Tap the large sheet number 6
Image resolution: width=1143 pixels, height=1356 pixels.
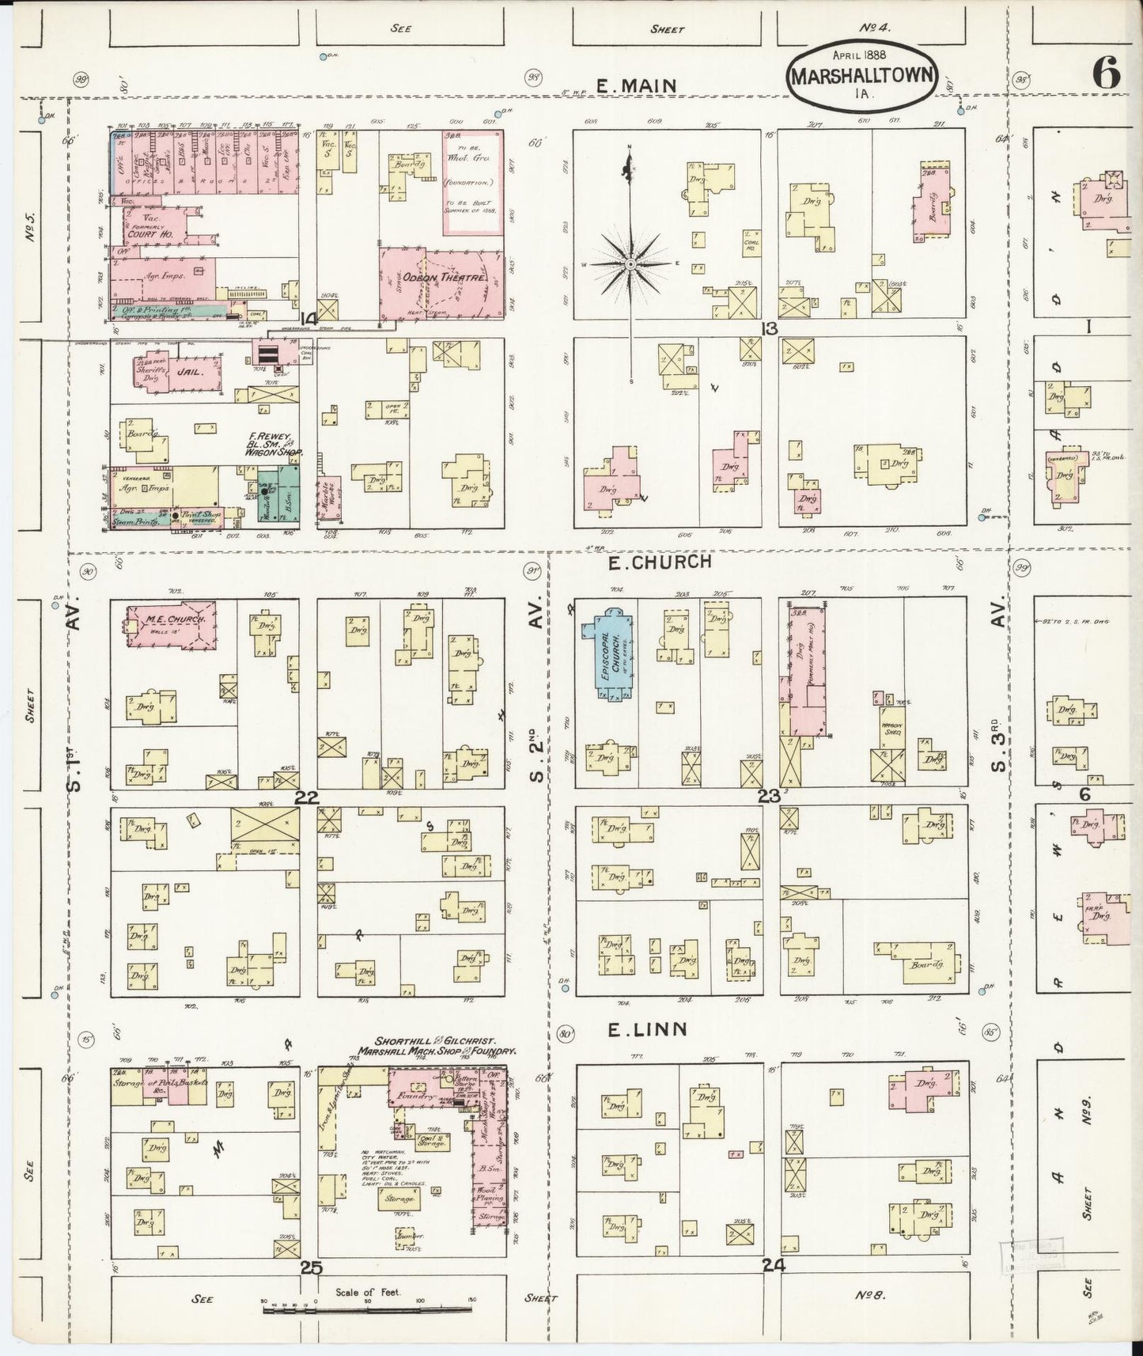[1106, 74]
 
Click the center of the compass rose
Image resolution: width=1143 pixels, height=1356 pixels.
[630, 263]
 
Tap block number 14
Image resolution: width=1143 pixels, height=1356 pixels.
[308, 318]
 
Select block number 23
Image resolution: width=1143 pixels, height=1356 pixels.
[769, 797]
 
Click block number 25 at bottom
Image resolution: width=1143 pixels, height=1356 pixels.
[311, 1267]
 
